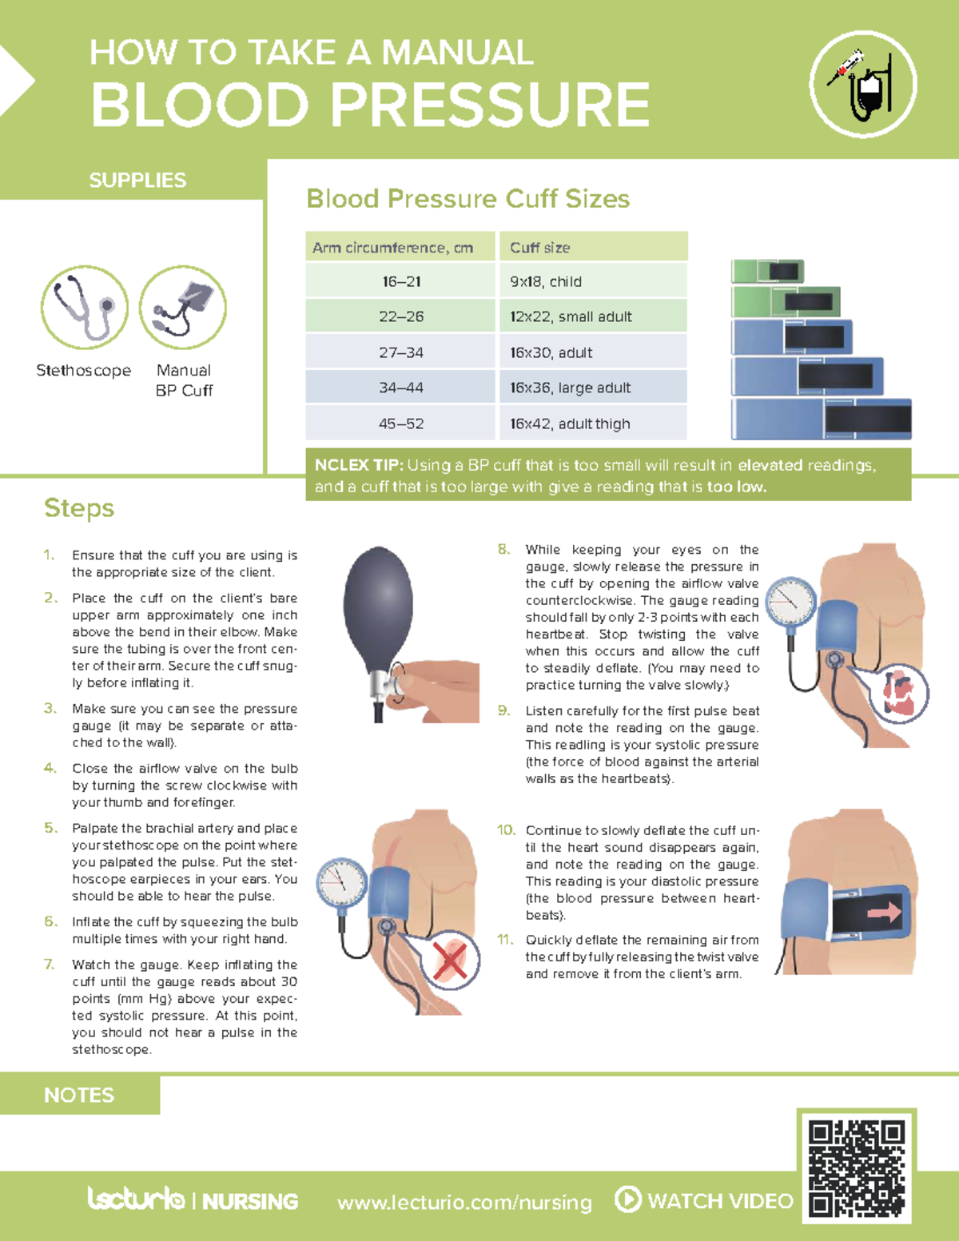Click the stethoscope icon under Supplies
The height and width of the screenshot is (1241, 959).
pyautogui.click(x=85, y=308)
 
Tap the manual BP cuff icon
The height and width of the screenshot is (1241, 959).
pyautogui.click(x=183, y=308)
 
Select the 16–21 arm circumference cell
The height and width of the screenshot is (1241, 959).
pyautogui.click(x=401, y=281)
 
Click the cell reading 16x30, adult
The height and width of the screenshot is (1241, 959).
pyautogui.click(x=592, y=352)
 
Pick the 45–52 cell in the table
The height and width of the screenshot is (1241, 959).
pyautogui.click(x=401, y=424)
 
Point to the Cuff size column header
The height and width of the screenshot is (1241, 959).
pyautogui.click(x=592, y=248)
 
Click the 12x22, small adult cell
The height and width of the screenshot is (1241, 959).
pyautogui.click(x=592, y=316)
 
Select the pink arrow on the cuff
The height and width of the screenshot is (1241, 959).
pyautogui.click(x=884, y=911)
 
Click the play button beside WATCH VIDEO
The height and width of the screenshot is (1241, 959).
pyautogui.click(x=628, y=1199)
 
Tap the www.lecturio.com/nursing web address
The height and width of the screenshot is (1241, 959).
pyautogui.click(x=464, y=1202)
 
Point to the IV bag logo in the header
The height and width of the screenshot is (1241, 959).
pyautogui.click(x=863, y=85)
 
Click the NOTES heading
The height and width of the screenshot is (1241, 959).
pyautogui.click(x=79, y=1095)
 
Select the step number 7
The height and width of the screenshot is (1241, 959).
pyautogui.click(x=50, y=965)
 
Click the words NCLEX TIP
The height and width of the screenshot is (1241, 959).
pyautogui.click(x=359, y=465)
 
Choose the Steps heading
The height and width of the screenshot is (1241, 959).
pyautogui.click(x=79, y=508)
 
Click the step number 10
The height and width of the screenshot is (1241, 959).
pyautogui.click(x=506, y=830)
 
